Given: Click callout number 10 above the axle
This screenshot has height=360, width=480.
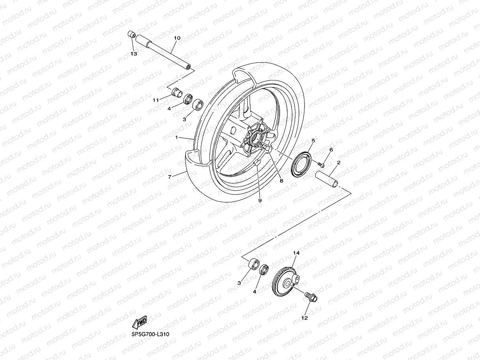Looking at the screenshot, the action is pyautogui.click(x=177, y=38).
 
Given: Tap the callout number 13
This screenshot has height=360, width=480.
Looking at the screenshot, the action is pyautogui.click(x=134, y=54).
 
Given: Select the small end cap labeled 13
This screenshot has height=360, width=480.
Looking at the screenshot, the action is pyautogui.click(x=131, y=35).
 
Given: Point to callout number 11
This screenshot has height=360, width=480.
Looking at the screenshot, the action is pyautogui.click(x=156, y=100).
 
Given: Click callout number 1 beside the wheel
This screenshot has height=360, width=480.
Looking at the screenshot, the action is pyautogui.click(x=177, y=137).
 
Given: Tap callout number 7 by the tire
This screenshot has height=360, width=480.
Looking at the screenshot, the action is pyautogui.click(x=170, y=177).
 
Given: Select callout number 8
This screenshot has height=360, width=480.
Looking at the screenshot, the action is pyautogui.click(x=281, y=181).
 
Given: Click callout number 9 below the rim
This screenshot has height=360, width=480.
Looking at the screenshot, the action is pyautogui.click(x=260, y=200).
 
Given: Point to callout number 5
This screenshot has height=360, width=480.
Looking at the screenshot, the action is pyautogui.click(x=313, y=140).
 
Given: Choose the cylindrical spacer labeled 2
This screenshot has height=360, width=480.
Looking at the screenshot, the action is pyautogui.click(x=326, y=178).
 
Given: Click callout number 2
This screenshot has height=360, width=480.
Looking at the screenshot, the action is pyautogui.click(x=339, y=162).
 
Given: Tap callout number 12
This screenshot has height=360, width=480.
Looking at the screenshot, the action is pyautogui.click(x=304, y=318).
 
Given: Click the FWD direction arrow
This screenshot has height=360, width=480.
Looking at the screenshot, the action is pyautogui.click(x=140, y=322).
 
